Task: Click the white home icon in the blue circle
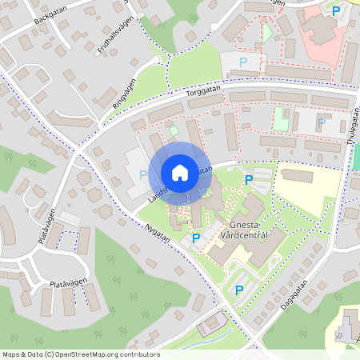[x=180, y=173]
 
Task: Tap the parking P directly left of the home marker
[x=143, y=175]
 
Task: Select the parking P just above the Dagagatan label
[x=238, y=289]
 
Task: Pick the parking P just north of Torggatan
[x=243, y=62]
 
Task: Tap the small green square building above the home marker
[x=174, y=130]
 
